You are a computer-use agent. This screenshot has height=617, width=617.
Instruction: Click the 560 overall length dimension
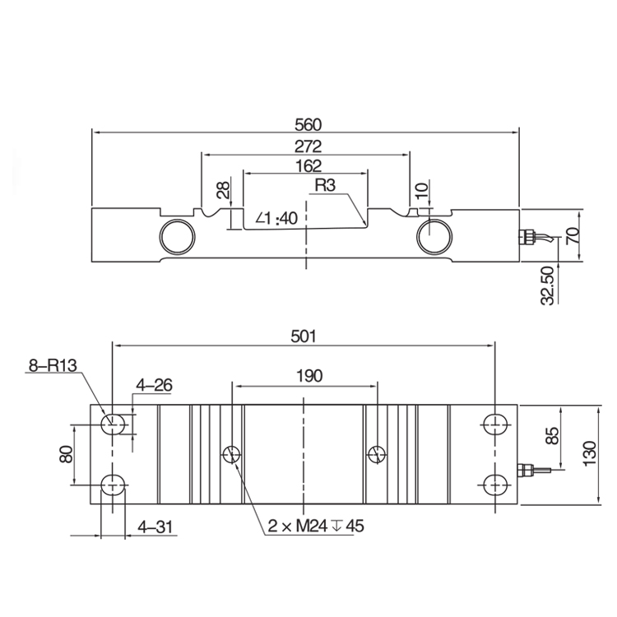(306, 125)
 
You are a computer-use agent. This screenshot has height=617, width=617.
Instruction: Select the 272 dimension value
(306, 147)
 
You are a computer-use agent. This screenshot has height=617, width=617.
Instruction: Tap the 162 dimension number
(306, 166)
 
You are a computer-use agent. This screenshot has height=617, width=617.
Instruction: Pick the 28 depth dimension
(222, 192)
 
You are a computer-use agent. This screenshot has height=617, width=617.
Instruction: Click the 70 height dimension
(573, 236)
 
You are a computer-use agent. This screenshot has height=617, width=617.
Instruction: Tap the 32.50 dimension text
(548, 285)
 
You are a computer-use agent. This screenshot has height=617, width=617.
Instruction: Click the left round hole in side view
(177, 235)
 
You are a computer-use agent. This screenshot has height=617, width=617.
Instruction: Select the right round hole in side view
(434, 235)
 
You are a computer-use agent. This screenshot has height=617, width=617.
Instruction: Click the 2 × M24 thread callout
(315, 526)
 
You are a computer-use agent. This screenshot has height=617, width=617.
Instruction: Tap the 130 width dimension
(590, 453)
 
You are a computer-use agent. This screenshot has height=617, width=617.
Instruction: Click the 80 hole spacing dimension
(67, 453)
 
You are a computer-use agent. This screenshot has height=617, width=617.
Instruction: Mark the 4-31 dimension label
(154, 526)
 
